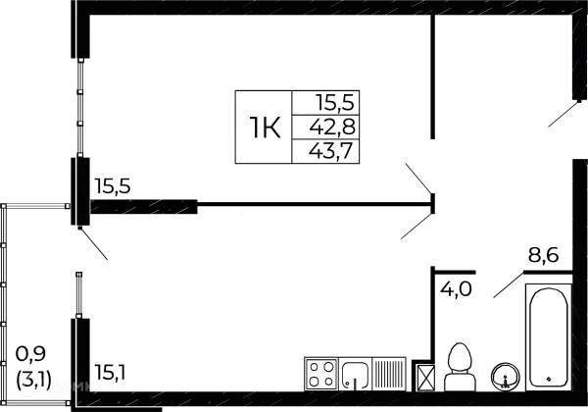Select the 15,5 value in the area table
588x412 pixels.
point(332,102)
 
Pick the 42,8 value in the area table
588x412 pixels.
point(332,127)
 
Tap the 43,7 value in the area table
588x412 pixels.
point(332,151)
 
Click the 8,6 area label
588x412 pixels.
point(544,258)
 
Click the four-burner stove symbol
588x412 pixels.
point(320,374)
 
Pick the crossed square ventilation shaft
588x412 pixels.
point(425,376)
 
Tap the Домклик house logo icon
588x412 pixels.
point(28,387)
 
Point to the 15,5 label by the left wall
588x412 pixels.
point(114,184)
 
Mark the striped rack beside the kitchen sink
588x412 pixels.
point(393,374)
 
